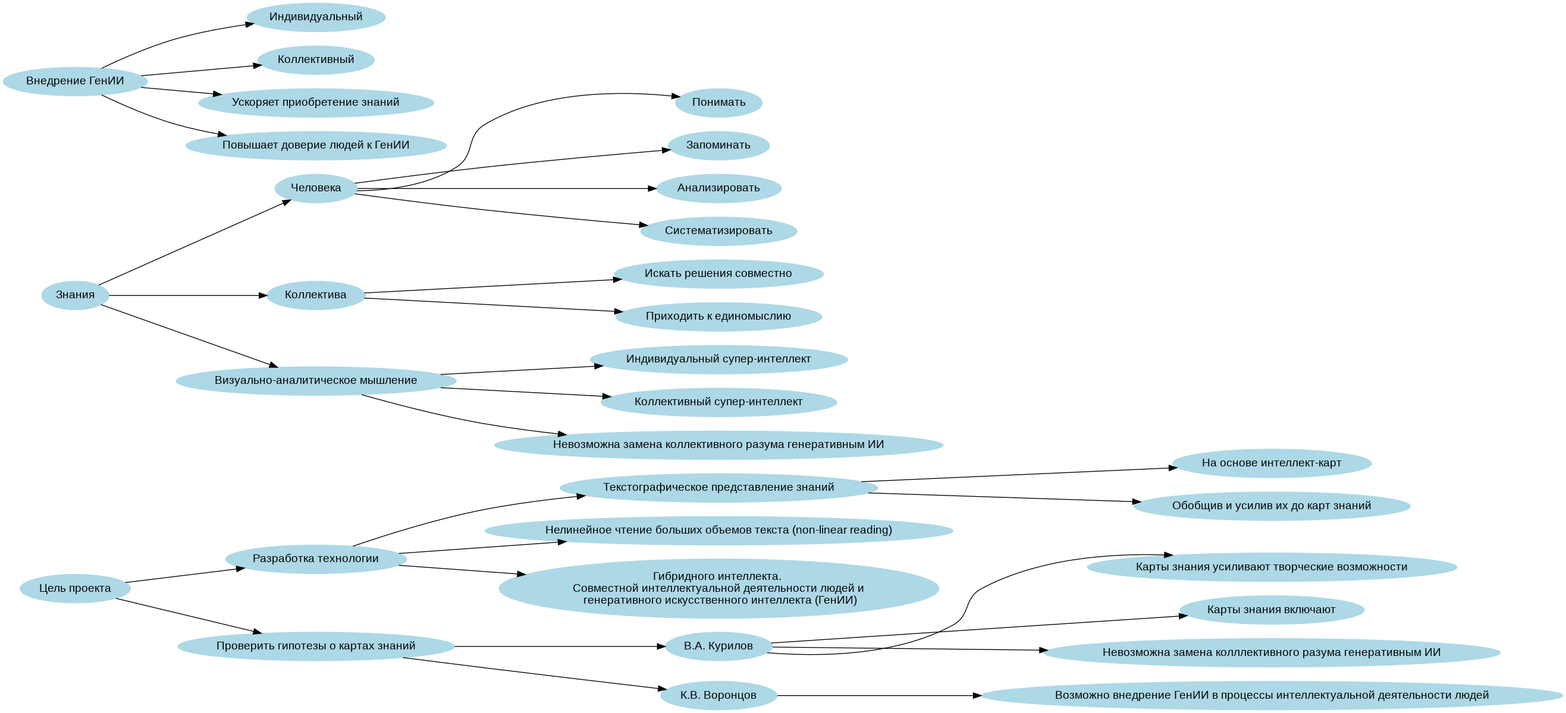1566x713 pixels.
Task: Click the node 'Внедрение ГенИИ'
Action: coord(75,81)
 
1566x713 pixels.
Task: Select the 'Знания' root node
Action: coord(75,295)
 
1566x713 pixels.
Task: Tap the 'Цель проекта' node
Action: coord(75,588)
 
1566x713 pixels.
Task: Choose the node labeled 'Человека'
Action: coord(315,188)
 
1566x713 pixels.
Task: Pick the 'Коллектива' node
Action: coord(315,295)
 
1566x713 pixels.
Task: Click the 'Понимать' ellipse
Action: coord(718,103)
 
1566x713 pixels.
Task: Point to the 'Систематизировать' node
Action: coord(718,231)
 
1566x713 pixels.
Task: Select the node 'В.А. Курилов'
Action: coord(718,646)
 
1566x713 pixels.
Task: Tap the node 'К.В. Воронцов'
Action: coord(718,695)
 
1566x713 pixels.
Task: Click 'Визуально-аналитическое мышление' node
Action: coord(315,381)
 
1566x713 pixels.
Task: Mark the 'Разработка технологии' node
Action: coord(315,559)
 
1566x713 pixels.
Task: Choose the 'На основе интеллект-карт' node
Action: coord(1271,463)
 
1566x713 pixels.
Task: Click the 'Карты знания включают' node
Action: coord(1271,610)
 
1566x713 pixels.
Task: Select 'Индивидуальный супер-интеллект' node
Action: coord(718,359)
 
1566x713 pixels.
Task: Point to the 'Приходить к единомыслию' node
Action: coord(718,317)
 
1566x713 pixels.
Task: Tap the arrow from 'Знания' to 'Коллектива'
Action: coord(189,296)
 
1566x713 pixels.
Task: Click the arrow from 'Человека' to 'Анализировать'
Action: coord(504,189)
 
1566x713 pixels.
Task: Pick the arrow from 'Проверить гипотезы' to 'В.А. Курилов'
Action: coord(559,647)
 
